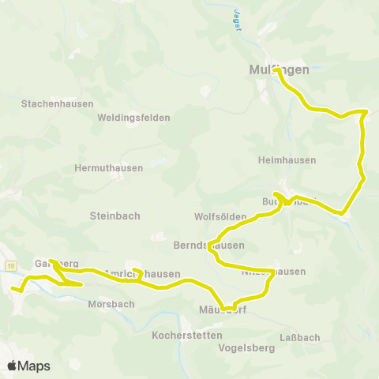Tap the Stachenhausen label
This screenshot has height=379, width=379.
click(x=58, y=103)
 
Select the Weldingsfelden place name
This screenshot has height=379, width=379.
click(x=133, y=118)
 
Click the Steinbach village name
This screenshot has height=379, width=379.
click(x=114, y=215)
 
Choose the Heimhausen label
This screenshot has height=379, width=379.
click(x=287, y=159)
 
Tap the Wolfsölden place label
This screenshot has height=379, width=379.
click(x=216, y=216)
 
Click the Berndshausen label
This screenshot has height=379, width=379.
click(x=208, y=245)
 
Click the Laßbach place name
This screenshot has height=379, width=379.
click(x=300, y=337)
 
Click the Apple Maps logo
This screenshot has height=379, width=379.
click(x=28, y=366)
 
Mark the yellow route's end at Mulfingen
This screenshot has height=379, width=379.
click(x=277, y=70)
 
